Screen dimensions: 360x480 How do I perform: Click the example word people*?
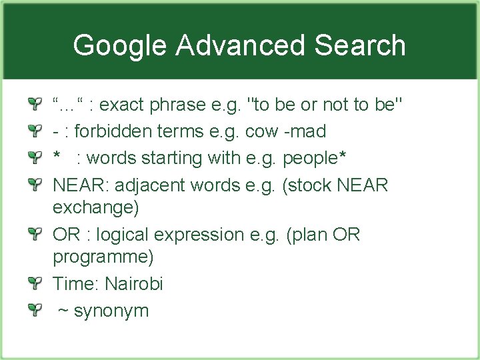click(314, 159)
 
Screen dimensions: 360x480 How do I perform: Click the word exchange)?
click(96, 208)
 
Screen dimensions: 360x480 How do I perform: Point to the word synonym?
click(111, 311)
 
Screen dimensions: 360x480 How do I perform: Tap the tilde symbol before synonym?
click(63, 311)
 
